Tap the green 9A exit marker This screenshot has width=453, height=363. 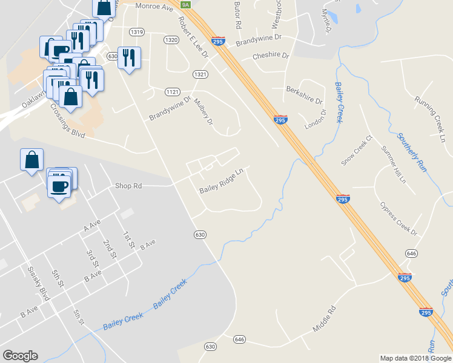coord(187,5)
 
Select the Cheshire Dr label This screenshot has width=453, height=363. coord(271,56)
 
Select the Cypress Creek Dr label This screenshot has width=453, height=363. coord(398,219)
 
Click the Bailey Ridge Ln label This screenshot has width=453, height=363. coord(221,181)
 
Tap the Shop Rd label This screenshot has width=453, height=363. coord(128,186)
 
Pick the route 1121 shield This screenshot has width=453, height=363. coord(173,91)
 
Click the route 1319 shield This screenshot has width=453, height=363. coord(136,31)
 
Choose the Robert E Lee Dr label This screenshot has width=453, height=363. coord(193,37)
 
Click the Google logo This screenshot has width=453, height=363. coord(20,356)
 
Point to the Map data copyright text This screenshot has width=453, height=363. coord(415,358)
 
